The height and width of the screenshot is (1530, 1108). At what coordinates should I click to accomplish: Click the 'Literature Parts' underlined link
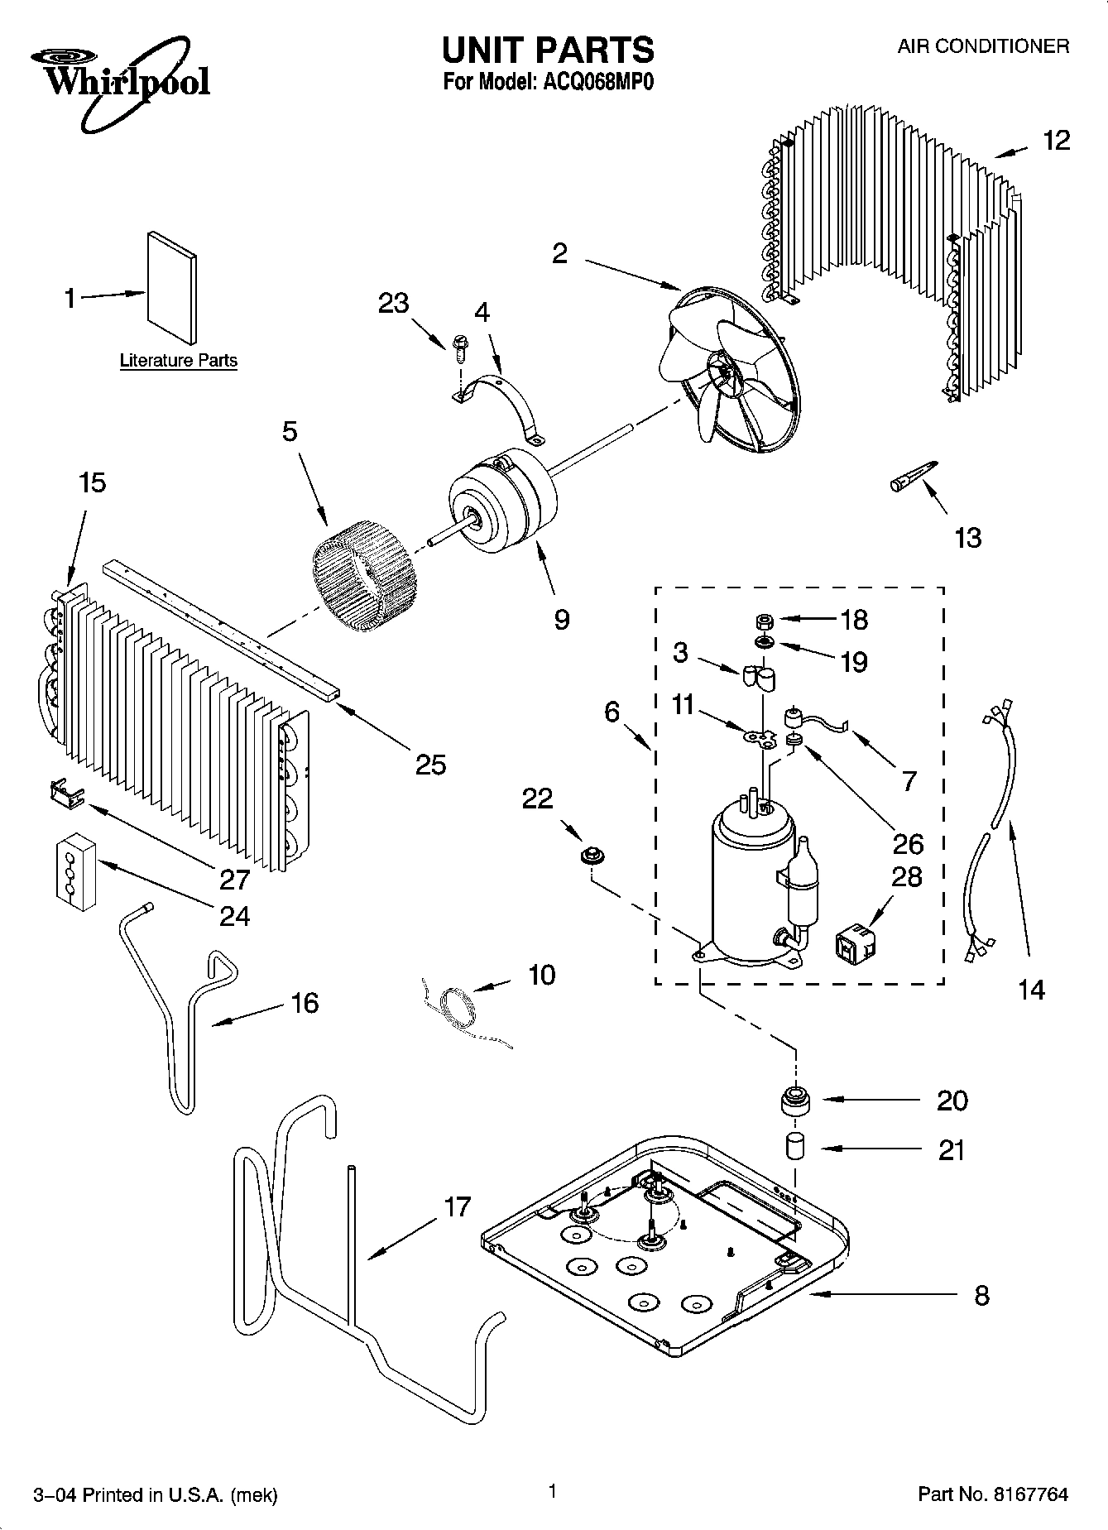pos(178,362)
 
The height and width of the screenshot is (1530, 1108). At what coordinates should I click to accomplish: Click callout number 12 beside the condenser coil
pos(1055,141)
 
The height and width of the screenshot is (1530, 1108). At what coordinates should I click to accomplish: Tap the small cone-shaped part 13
pos(914,477)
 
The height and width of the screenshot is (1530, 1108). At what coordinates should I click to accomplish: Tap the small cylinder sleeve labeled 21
pos(795,1148)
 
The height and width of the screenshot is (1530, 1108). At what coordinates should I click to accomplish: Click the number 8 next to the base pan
pos(981,1295)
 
